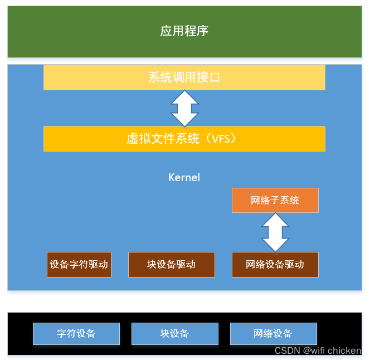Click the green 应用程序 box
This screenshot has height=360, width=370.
184,32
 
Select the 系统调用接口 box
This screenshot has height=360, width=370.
184,77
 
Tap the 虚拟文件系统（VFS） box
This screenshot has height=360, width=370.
184,138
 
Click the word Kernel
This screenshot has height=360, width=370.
184,178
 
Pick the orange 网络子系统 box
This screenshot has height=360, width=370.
275,200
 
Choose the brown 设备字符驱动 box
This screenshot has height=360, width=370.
79,265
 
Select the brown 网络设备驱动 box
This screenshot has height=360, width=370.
275,265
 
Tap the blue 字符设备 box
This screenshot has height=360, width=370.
76,334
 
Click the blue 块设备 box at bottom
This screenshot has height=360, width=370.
174,334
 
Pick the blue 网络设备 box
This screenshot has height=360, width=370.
273,334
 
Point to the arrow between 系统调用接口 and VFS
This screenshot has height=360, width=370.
184,108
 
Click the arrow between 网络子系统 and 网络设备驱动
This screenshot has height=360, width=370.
275,232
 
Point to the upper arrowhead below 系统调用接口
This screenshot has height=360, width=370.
184,97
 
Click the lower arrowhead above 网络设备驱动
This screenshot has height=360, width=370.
275,244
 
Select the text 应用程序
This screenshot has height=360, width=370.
184,31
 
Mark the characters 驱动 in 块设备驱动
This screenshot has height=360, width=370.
186,265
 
